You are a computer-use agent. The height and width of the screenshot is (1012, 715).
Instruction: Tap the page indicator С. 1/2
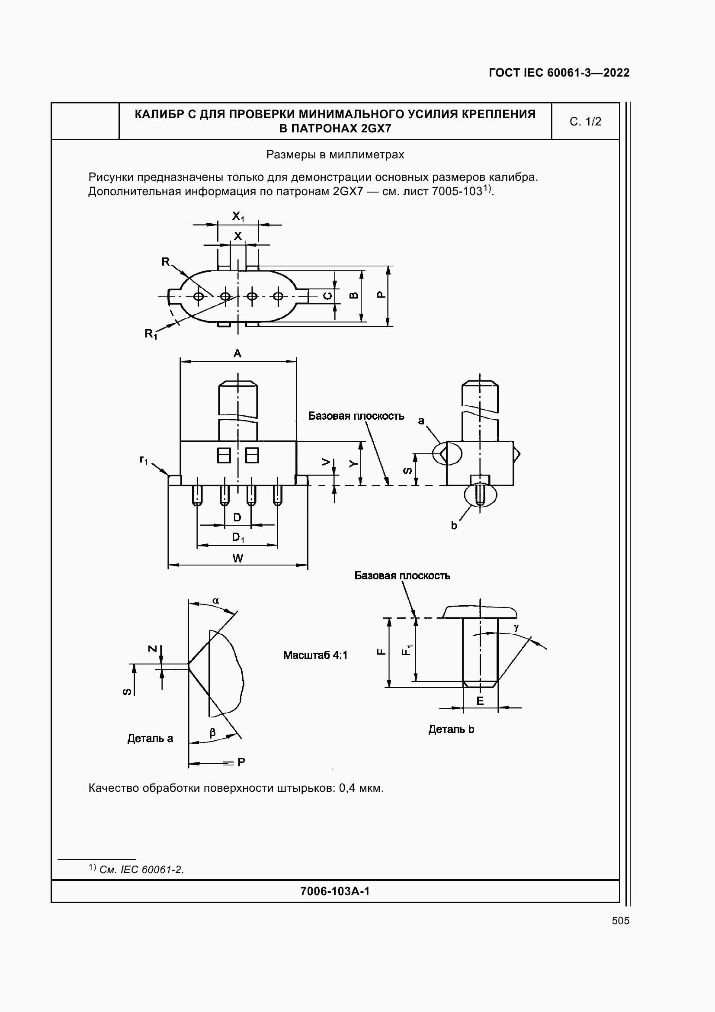[585, 122]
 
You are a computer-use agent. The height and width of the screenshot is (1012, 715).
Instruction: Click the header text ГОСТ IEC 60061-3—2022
[559, 73]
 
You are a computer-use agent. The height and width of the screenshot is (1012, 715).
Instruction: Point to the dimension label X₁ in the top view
[238, 216]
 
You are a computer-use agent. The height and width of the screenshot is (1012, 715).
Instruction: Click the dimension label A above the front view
[237, 353]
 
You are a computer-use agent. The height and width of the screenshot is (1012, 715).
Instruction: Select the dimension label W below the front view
[238, 559]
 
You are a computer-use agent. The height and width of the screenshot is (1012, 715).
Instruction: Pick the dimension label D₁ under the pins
[238, 537]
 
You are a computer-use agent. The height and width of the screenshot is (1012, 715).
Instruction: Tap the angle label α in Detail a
[216, 601]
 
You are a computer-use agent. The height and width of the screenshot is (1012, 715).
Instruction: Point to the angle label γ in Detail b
[516, 627]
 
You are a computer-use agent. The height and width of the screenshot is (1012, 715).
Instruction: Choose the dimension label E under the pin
[480, 700]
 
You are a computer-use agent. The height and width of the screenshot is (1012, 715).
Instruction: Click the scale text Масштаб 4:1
[315, 655]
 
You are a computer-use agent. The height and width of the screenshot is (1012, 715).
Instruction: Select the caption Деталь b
[451, 729]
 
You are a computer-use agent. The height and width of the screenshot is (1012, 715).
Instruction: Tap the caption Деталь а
[150, 738]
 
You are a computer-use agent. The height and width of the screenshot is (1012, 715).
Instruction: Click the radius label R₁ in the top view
[151, 334]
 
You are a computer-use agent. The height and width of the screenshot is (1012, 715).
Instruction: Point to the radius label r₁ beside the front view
[144, 460]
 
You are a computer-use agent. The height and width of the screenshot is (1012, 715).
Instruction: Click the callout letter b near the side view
[454, 525]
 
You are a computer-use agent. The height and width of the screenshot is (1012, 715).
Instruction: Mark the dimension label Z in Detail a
[152, 648]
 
